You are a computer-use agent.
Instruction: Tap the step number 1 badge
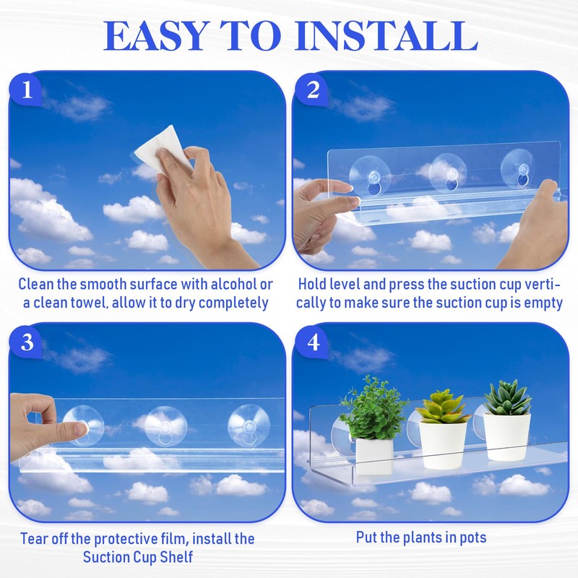(x=27, y=90)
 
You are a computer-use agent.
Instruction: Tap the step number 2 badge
(x=313, y=90)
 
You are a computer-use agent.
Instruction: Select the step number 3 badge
(x=27, y=342)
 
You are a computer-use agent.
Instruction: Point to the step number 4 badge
(x=313, y=342)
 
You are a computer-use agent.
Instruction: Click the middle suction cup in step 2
(x=448, y=173)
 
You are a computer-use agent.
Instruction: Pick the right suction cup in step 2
(x=518, y=169)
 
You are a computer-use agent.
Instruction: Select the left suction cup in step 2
(x=370, y=176)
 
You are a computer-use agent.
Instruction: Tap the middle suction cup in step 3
(x=165, y=426)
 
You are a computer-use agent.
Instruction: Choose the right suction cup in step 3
(x=249, y=426)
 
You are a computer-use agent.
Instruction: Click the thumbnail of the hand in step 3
(x=81, y=428)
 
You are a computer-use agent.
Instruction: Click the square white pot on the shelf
(x=374, y=456)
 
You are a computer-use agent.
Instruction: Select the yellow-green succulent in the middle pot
(x=443, y=406)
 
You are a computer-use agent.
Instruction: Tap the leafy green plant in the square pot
(x=374, y=407)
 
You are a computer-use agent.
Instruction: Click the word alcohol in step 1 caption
(x=234, y=284)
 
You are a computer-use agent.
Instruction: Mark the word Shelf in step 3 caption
(x=176, y=557)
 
